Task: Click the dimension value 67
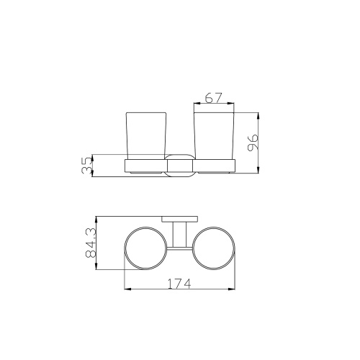coord(214,98)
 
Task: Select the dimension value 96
coord(253,143)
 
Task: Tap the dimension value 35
coord(86,166)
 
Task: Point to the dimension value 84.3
coord(91,243)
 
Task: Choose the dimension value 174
coord(179,284)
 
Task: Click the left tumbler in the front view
coord(146,135)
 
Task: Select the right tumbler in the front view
coord(214,135)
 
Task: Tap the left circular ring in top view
coord(125,248)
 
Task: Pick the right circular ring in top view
coord(192,248)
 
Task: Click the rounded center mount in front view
coord(179,166)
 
